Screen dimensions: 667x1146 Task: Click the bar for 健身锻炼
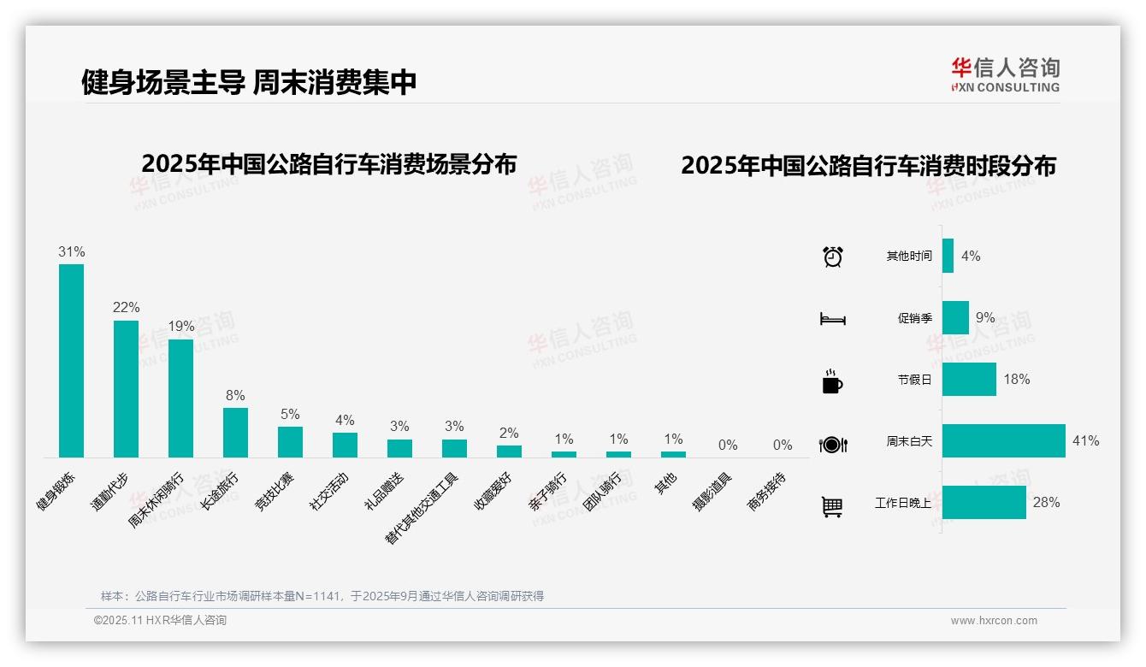71,360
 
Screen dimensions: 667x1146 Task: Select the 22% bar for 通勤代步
126,388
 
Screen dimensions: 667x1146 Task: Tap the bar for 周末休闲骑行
180,398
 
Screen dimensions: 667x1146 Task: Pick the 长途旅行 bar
235,432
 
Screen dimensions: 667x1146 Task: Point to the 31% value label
71,252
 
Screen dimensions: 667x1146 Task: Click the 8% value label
235,395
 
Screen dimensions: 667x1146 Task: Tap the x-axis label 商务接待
768,491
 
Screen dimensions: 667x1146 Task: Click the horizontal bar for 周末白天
1003,441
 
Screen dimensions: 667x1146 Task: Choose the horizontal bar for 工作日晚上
984,503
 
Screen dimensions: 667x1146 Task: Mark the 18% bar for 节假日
969,380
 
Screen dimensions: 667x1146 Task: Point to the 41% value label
1085,441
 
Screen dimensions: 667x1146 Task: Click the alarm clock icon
833,257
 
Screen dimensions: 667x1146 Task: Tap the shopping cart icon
832,507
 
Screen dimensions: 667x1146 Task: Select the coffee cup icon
832,381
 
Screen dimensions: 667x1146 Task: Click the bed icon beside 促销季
832,319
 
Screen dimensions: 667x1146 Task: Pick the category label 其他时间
909,257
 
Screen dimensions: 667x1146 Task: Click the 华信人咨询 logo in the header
1005,74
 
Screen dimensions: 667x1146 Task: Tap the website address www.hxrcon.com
994,621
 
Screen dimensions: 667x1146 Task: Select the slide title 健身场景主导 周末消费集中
249,82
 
